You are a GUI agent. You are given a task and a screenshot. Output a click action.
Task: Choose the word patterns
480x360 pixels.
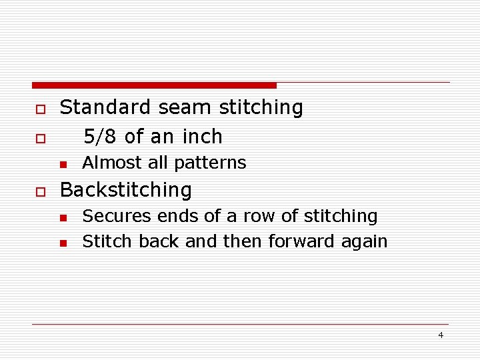(x=213, y=163)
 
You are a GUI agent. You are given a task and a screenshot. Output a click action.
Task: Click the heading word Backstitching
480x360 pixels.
(x=126, y=190)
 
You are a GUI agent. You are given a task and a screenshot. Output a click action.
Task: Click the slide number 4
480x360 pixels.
(x=441, y=335)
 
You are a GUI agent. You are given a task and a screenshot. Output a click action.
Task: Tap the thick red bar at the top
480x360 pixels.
(x=154, y=85)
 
